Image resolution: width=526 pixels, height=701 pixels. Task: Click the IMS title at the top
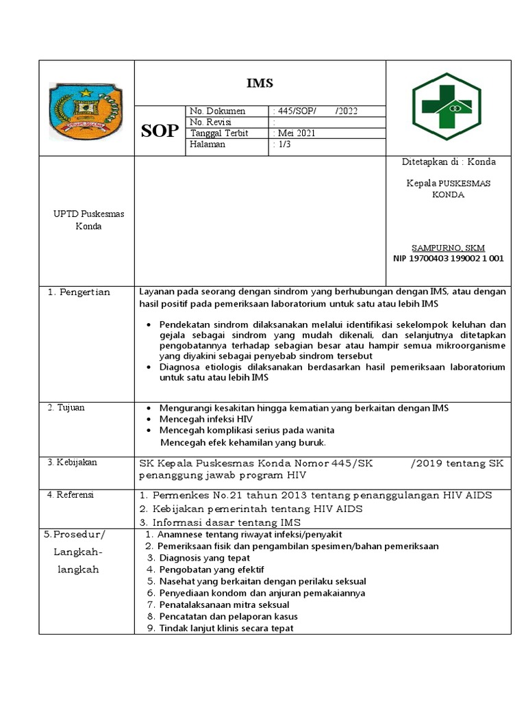pyautogui.click(x=260, y=84)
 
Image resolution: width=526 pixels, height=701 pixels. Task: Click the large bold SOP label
pyautogui.click(x=160, y=131)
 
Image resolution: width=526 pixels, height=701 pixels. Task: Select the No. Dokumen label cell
pyautogui.click(x=217, y=112)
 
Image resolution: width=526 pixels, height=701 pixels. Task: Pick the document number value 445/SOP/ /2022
pyautogui.click(x=314, y=112)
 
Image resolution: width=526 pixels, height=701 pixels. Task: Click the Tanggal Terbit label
pyautogui.click(x=219, y=133)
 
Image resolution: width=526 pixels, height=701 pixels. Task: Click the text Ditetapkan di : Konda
pyautogui.click(x=449, y=162)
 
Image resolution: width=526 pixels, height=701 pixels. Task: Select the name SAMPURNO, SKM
pyautogui.click(x=446, y=247)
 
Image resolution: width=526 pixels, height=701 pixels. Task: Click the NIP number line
pyautogui.click(x=449, y=258)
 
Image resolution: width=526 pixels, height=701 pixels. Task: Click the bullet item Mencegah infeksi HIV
pyautogui.click(x=201, y=419)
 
